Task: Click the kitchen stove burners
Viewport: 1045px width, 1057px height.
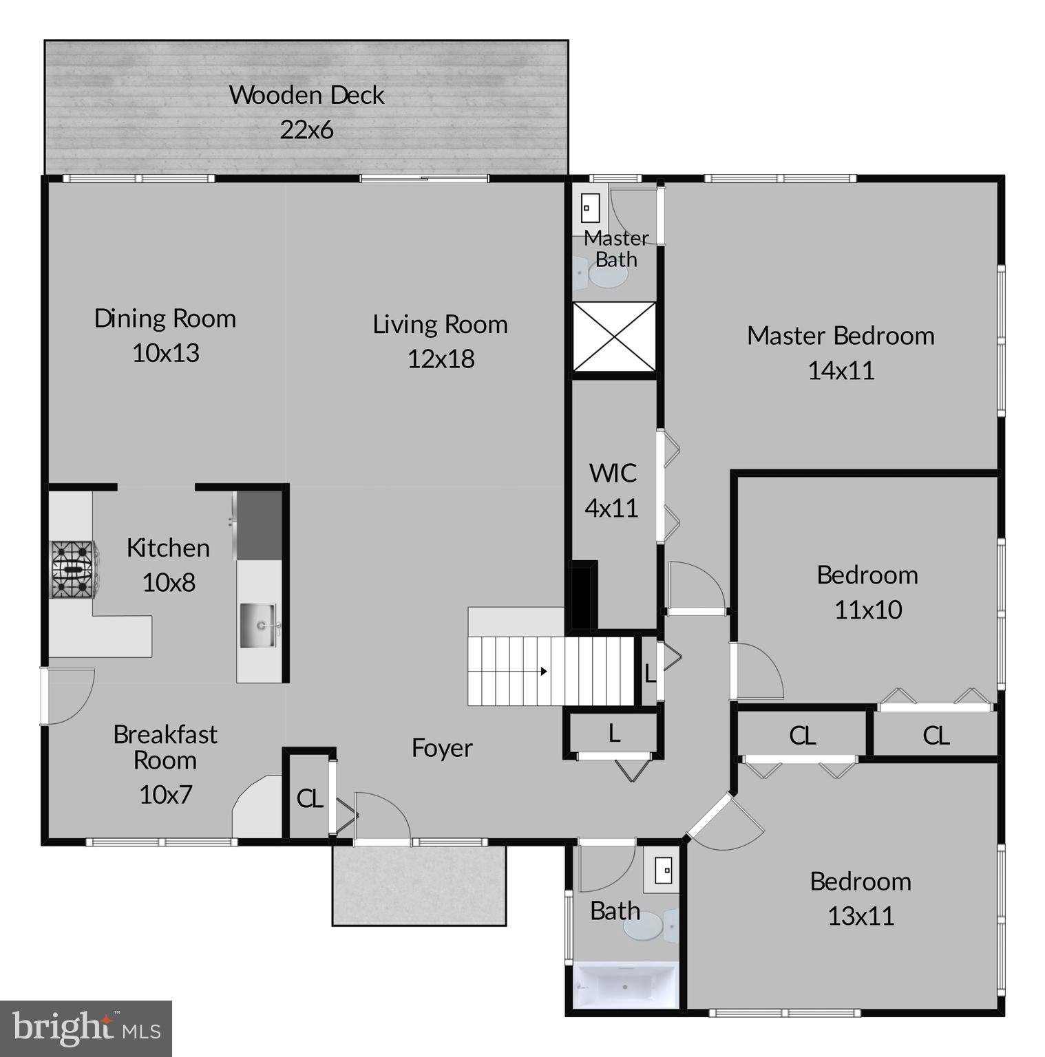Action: [x=72, y=569]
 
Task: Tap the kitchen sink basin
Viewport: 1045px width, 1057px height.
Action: [x=258, y=626]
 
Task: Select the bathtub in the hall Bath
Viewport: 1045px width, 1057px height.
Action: [x=625, y=986]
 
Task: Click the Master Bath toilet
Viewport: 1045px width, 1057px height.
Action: [x=602, y=275]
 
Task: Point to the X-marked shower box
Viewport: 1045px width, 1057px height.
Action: [x=614, y=337]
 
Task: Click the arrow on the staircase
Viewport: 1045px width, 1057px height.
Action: [x=543, y=671]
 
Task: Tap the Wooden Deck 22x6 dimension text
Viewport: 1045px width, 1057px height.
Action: [x=306, y=129]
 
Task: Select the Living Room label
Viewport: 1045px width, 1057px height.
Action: [x=440, y=324]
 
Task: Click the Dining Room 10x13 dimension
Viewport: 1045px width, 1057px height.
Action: [x=165, y=353]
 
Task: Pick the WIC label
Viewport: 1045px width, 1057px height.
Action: [x=612, y=473]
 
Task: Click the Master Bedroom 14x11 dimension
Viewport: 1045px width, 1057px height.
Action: [x=841, y=370]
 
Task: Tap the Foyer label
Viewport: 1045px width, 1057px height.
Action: [x=442, y=748]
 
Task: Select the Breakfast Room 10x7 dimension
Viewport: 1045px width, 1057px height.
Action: [x=165, y=794]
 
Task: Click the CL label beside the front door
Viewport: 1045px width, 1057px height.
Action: [x=309, y=798]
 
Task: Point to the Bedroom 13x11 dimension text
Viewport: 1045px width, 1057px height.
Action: [x=861, y=916]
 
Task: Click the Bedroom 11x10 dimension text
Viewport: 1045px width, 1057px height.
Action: [x=867, y=610]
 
